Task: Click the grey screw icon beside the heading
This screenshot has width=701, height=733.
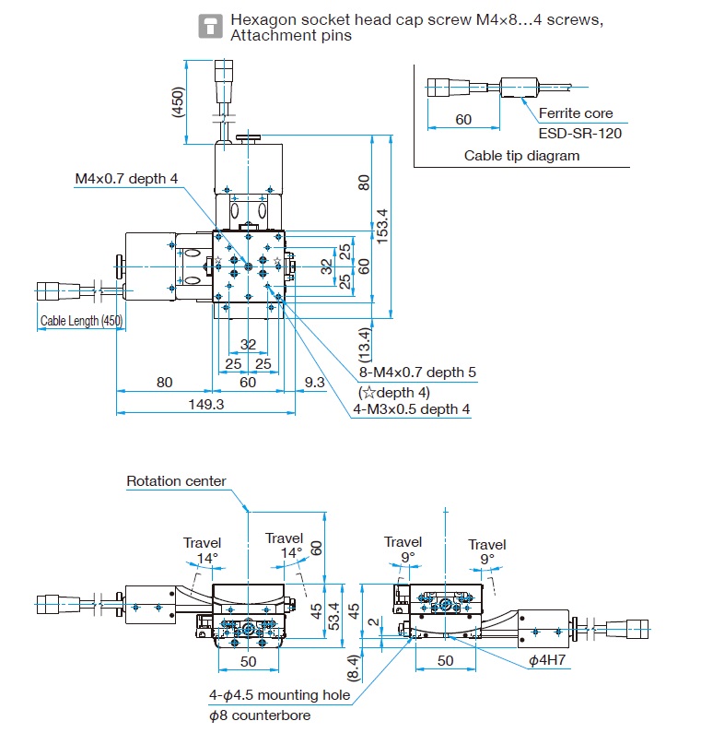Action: (x=211, y=26)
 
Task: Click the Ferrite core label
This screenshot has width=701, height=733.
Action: (x=576, y=113)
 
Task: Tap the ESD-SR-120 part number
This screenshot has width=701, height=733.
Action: (x=580, y=134)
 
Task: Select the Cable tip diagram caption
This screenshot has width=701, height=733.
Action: (x=521, y=156)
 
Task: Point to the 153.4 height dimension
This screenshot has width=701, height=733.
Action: (x=382, y=226)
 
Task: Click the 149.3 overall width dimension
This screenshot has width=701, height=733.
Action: (x=206, y=405)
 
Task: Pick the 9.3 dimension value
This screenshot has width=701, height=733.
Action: (x=314, y=383)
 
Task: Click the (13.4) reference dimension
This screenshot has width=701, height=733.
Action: (x=365, y=345)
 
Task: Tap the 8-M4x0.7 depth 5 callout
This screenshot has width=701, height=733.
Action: (x=417, y=372)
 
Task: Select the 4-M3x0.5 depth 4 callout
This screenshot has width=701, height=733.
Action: (x=412, y=409)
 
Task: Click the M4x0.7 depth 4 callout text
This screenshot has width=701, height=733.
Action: (x=126, y=179)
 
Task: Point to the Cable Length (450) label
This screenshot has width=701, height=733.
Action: (x=81, y=321)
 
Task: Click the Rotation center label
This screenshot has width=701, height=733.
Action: (x=177, y=481)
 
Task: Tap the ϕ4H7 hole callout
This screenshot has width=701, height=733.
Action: (x=547, y=660)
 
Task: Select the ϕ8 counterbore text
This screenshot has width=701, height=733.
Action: (x=260, y=715)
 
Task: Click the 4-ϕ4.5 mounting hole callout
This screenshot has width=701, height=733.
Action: (x=279, y=695)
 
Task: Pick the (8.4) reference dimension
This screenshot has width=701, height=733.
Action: (x=354, y=668)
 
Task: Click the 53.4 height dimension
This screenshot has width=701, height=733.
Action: (x=334, y=616)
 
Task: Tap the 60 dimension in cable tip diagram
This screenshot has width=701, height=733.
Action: (x=463, y=120)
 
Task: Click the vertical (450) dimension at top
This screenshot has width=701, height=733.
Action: (x=178, y=102)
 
